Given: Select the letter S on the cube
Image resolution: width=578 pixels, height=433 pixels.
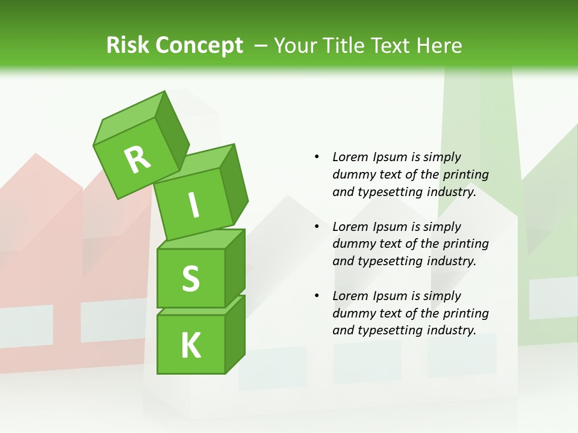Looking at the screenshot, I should coord(190,278).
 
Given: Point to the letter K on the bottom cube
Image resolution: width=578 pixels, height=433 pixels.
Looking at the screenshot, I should coord(190,346).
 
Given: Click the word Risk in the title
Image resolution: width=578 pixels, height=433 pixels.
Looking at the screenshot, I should coord(127,45).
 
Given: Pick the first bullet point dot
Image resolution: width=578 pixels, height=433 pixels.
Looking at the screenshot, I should coord(317,157).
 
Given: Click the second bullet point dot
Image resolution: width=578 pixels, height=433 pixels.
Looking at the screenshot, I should coord(317,227).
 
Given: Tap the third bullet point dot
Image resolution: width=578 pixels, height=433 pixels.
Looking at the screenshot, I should coord(317,296).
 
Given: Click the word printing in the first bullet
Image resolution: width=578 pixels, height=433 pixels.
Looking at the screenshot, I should coord(465,175).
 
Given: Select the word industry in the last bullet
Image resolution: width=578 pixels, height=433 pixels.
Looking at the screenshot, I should coord(452,330).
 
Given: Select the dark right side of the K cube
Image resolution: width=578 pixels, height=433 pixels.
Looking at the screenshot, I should coord(235,334).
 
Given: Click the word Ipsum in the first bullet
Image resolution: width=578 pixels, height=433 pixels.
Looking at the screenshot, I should coord(390,157).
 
